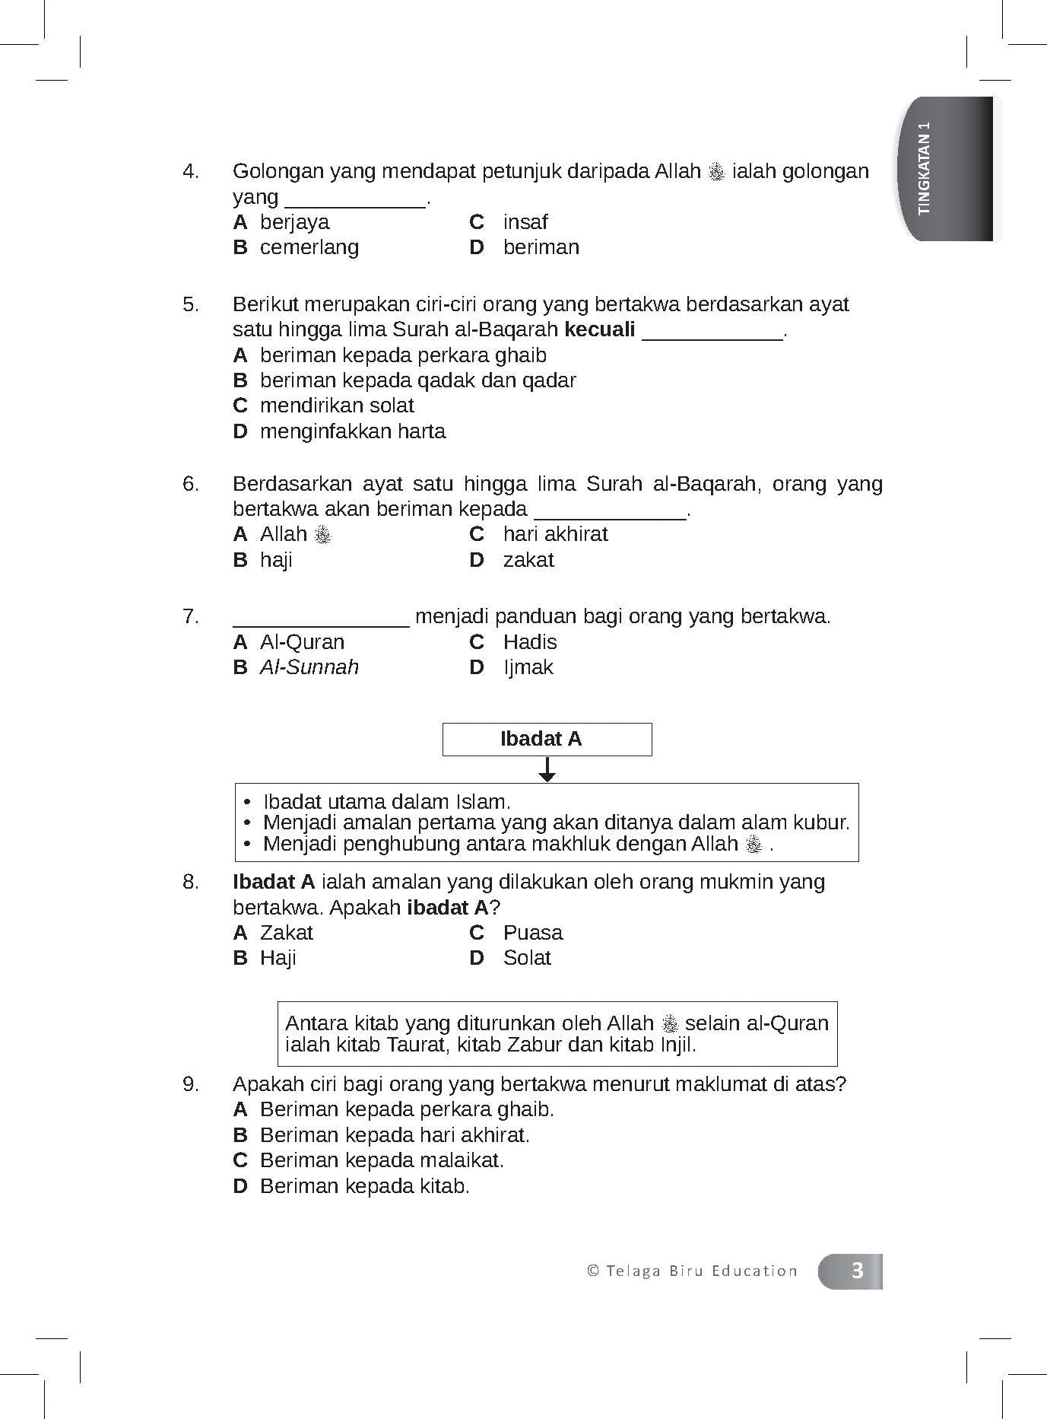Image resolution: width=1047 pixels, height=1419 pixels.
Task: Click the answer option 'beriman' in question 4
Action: (541, 247)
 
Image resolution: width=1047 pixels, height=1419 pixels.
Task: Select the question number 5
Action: (190, 304)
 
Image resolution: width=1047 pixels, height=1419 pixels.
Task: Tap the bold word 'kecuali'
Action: (599, 330)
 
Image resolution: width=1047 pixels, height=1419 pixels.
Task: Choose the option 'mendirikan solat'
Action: (336, 406)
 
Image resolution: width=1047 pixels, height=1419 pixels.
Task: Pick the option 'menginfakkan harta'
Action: (352, 431)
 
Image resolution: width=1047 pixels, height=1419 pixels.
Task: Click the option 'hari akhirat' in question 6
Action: (555, 534)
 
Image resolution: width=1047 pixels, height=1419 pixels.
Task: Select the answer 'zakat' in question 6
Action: (528, 560)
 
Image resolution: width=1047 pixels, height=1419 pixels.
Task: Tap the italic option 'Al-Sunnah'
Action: (309, 667)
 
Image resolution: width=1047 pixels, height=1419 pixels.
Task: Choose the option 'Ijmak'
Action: (528, 667)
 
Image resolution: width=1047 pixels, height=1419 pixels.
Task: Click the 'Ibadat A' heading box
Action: (547, 740)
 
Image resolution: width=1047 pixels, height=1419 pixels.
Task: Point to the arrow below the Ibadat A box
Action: (547, 770)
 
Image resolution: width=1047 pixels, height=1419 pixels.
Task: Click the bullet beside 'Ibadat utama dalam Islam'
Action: (247, 803)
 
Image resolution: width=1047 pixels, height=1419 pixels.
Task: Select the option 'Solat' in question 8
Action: (526, 958)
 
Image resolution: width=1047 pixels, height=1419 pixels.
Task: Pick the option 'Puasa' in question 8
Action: (532, 933)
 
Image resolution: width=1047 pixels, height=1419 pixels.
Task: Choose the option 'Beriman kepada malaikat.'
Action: (382, 1160)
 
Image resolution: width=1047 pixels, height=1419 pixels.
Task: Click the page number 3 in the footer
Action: (857, 1271)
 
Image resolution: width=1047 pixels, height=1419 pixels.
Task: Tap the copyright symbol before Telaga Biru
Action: (593, 1271)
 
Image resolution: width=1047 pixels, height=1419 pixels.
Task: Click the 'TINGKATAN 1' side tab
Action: (947, 168)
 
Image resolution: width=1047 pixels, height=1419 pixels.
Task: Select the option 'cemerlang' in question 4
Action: (309, 247)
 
